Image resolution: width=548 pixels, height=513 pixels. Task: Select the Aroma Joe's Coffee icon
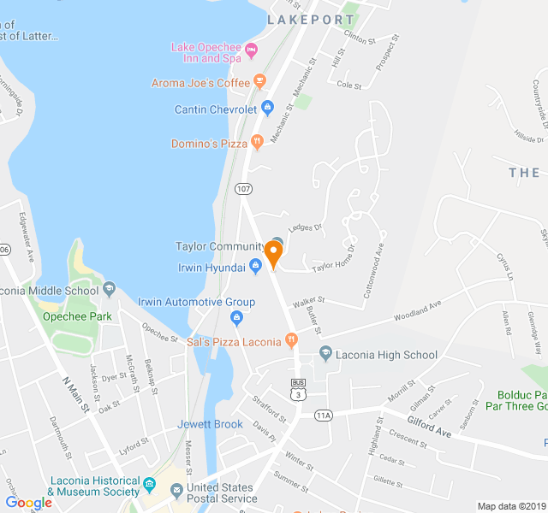tap(259, 83)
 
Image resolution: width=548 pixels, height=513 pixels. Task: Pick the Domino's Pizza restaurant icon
tap(256, 143)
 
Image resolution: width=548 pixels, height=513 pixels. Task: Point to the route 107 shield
tap(242, 188)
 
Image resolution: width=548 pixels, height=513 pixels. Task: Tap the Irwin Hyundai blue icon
tap(255, 268)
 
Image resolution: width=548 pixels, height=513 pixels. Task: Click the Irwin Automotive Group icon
tap(237, 318)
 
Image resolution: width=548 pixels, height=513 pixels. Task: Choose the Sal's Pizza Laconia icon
tap(291, 341)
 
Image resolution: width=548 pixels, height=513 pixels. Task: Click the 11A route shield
tap(323, 416)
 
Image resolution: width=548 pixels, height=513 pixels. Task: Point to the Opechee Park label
tap(78, 315)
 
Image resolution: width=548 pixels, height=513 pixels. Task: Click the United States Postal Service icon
tap(177, 489)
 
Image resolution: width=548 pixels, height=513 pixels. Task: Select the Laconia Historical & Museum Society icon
tap(150, 485)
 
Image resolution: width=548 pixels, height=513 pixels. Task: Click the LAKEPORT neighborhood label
tap(310, 19)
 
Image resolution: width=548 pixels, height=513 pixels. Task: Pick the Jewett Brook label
tap(210, 424)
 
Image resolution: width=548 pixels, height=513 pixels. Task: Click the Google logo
tap(28, 503)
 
